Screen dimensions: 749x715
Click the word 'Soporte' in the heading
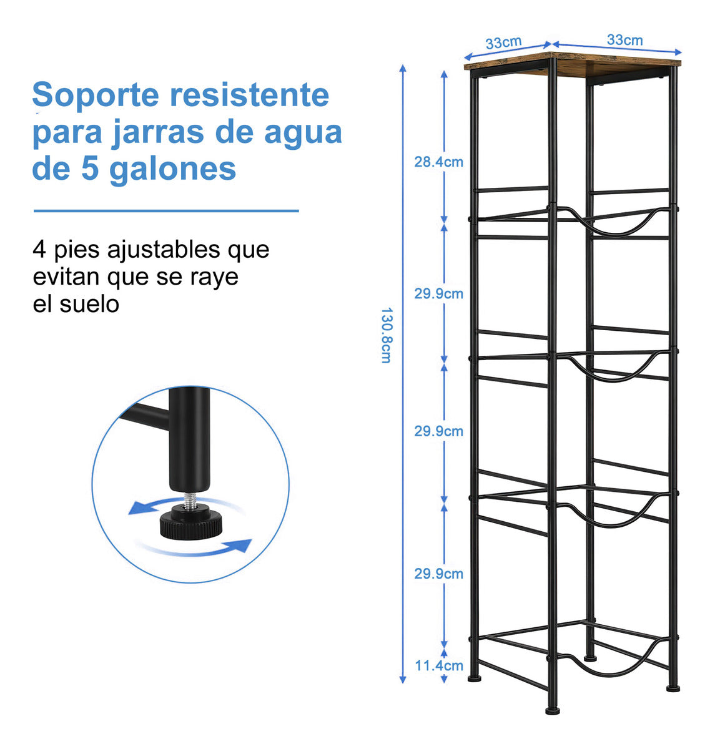click(x=94, y=95)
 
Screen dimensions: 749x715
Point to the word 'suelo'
click(x=90, y=305)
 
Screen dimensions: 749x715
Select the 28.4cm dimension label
click(x=438, y=162)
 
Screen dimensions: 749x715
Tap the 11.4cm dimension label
click(x=439, y=665)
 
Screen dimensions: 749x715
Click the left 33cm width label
click(x=503, y=42)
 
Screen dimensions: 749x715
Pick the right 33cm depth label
click(x=624, y=39)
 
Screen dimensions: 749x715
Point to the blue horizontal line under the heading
click(x=165, y=211)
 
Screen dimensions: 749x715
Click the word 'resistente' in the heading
click(x=250, y=95)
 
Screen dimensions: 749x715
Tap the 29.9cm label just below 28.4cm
click(x=438, y=293)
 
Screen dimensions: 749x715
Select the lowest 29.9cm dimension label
click(x=438, y=574)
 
